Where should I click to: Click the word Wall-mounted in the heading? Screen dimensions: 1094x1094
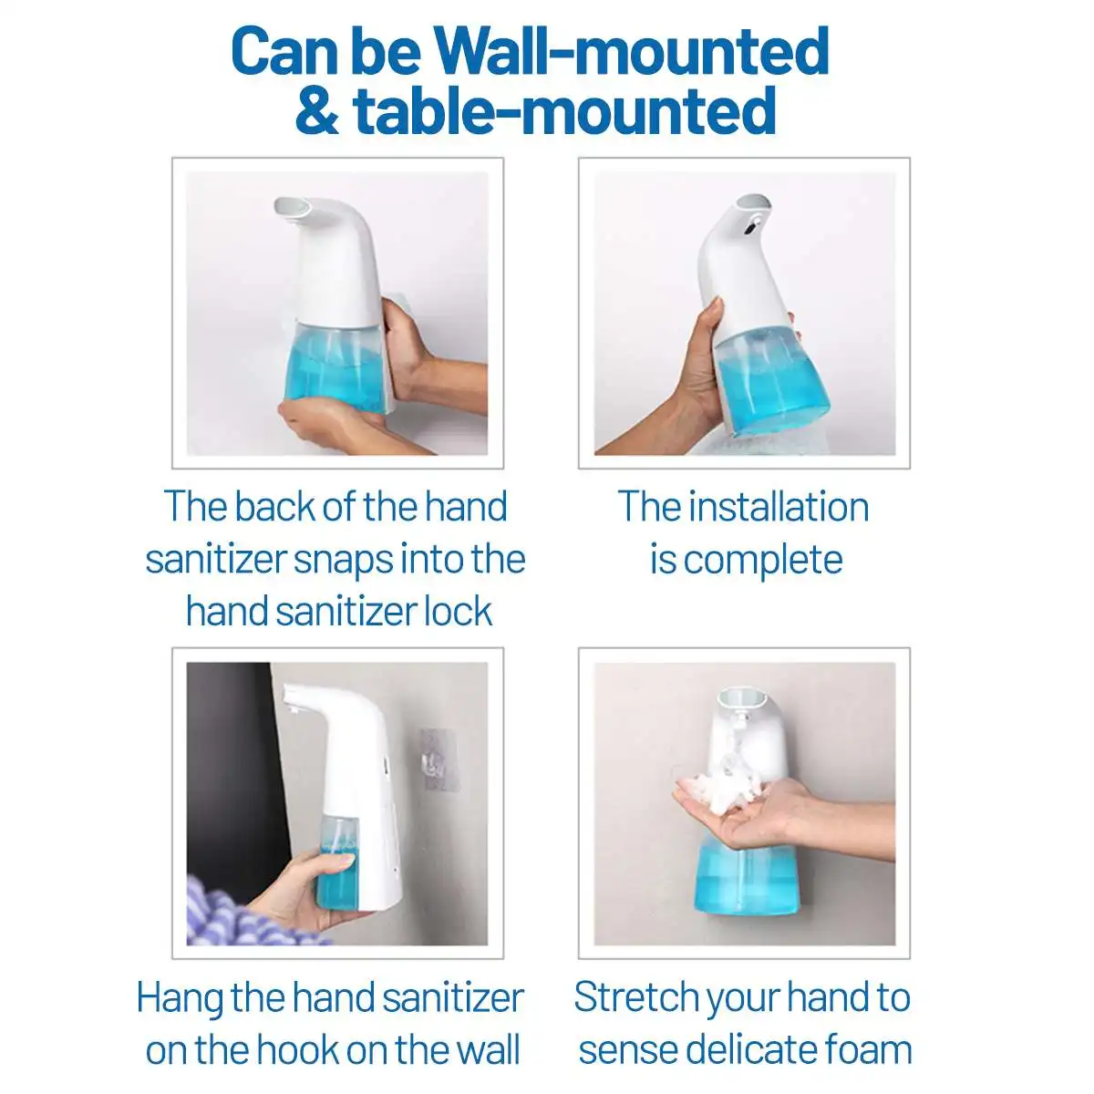pyautogui.click(x=632, y=52)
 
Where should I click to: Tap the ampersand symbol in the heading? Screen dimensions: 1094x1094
pyautogui.click(x=316, y=112)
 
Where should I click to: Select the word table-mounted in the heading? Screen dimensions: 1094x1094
pyautogui.click(x=564, y=112)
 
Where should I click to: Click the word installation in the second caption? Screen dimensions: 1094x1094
pyautogui.click(x=779, y=507)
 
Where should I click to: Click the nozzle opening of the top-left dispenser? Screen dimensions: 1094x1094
pyautogui.click(x=292, y=209)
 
